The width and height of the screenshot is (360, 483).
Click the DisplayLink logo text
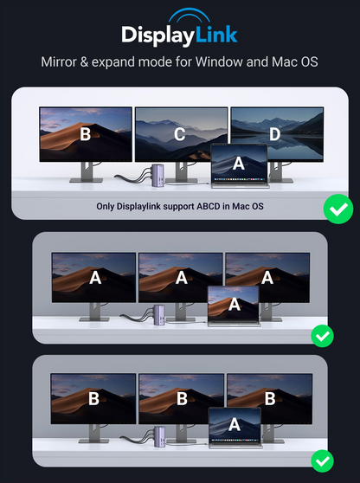click(x=179, y=35)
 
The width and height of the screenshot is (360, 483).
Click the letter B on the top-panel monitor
click(x=85, y=134)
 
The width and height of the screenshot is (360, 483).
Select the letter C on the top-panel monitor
click(x=180, y=134)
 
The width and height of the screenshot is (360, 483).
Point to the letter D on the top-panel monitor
click(x=274, y=134)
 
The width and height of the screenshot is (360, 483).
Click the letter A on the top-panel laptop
click(x=239, y=161)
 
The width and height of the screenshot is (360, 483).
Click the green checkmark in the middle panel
click(x=322, y=334)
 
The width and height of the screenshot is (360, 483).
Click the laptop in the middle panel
click(x=234, y=308)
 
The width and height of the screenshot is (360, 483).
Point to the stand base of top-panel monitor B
click(x=86, y=180)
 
